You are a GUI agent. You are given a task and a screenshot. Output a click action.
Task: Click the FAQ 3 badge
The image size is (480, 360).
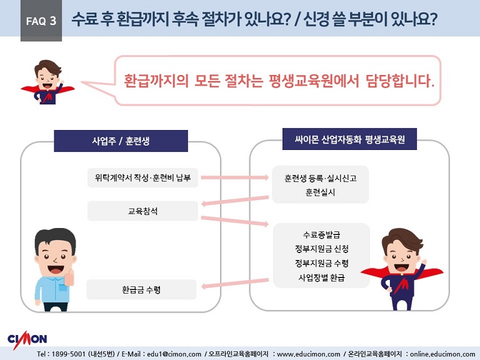click(x=41, y=21)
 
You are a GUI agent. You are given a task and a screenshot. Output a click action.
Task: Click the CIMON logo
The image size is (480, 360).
click(x=27, y=339)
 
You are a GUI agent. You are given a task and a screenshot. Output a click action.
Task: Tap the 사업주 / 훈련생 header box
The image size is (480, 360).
click(x=121, y=141)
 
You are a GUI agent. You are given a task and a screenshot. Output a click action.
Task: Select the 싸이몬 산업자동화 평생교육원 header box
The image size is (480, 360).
click(x=349, y=139)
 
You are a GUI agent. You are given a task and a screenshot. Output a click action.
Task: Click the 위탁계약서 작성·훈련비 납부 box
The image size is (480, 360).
click(x=142, y=177)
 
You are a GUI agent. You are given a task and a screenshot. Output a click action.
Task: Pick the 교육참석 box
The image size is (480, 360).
click(x=142, y=211)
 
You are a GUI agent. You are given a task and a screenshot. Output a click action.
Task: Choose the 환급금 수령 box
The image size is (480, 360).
click(x=141, y=289)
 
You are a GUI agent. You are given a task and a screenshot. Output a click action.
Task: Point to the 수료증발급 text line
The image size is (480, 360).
click(x=321, y=235)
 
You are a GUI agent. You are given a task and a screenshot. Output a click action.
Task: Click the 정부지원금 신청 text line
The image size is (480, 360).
click(x=321, y=249)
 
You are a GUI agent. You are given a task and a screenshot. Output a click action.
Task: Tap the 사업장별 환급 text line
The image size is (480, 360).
click(x=321, y=277)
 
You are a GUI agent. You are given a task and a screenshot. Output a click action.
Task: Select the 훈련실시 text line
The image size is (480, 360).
click(x=320, y=192)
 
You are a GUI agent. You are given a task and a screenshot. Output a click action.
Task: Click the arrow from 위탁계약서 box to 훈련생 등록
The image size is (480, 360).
click(x=235, y=177)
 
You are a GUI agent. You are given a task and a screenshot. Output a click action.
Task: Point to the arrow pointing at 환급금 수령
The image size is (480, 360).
click(x=235, y=283)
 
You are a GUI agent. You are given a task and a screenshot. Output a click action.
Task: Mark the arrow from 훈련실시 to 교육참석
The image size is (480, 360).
click(x=235, y=201)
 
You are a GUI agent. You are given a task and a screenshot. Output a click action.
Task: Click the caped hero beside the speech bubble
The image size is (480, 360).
click(x=47, y=82)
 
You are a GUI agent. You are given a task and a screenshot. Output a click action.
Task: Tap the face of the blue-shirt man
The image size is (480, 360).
click(x=55, y=257)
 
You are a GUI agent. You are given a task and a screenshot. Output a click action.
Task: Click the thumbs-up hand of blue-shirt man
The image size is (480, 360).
click(x=69, y=277)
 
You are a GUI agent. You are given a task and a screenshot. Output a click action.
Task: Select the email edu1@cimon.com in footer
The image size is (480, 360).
click(x=174, y=354)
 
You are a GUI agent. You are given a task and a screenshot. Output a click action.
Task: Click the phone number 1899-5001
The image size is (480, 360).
click(x=68, y=354)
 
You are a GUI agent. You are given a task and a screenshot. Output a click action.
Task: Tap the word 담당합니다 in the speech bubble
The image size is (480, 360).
click(x=400, y=81)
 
